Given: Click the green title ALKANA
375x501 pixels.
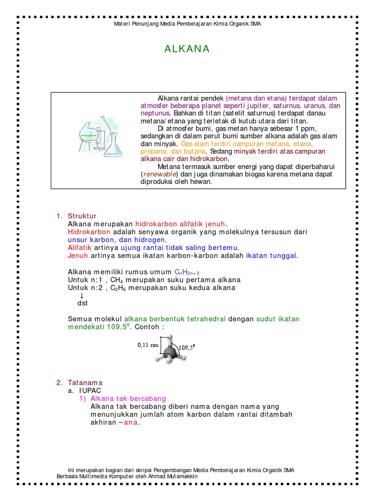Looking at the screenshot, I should (187, 49).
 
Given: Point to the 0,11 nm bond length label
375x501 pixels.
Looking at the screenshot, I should (148, 344).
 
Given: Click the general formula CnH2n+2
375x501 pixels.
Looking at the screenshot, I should (187, 272).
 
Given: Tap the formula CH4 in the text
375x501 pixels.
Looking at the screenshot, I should (116, 280).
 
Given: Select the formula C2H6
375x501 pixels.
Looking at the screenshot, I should (117, 288).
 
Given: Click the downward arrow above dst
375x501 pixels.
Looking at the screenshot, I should (82, 296).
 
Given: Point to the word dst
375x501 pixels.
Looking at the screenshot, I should (83, 303).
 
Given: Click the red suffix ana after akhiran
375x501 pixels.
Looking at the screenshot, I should (131, 423).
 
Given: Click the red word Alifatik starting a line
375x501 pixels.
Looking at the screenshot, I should (80, 248).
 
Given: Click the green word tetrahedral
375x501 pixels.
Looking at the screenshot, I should (204, 319).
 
